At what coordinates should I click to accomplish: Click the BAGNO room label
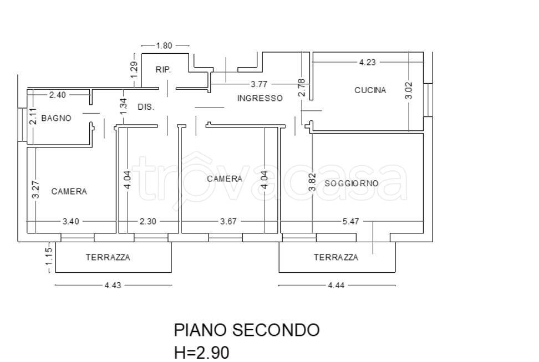point(56,118)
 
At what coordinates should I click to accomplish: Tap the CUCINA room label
point(370,90)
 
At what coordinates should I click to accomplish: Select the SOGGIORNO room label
point(352,183)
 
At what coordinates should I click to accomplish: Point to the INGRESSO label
point(260,98)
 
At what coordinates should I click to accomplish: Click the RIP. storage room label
point(163,70)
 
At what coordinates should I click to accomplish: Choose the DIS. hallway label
point(145,107)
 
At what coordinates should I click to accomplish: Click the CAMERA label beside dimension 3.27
point(69,191)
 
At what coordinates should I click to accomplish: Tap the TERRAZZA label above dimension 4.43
point(108,257)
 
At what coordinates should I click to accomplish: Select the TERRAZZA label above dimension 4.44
point(335,257)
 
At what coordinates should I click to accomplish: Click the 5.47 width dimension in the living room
point(350,221)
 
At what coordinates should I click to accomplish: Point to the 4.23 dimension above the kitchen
point(367,62)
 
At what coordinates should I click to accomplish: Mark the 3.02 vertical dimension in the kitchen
point(409,90)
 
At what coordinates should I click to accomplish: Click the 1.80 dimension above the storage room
point(165,45)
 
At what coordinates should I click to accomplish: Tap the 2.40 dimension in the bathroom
point(57,95)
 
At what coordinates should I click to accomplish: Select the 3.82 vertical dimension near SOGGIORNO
point(312,182)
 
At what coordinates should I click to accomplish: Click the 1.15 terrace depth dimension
point(49,257)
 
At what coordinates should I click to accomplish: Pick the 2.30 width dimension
point(148,221)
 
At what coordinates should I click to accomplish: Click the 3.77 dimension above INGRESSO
point(259,85)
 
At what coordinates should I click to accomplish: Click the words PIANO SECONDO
point(247,330)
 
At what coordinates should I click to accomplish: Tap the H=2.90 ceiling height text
point(201,353)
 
